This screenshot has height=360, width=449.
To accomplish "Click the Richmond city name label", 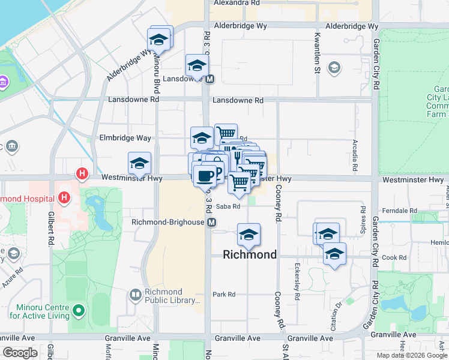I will coord(250,254).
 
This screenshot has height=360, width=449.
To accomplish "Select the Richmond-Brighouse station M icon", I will coord(211,223).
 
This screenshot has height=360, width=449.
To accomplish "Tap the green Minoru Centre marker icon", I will coord(78,311).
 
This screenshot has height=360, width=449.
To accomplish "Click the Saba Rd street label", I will coord(228,206).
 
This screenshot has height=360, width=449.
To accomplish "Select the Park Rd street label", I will coord(224,294).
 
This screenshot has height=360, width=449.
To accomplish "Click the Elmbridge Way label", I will coord(125,138).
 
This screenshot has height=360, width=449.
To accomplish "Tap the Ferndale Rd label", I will coord(403,211).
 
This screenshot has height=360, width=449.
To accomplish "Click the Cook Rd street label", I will coord(394,257).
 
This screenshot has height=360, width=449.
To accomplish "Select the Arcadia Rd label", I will coord(355,154).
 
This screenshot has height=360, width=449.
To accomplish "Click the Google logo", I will coord(20,353).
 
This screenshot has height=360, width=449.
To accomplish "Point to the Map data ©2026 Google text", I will coord(412,355).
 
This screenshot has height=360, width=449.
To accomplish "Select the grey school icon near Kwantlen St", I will coord(334,68).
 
